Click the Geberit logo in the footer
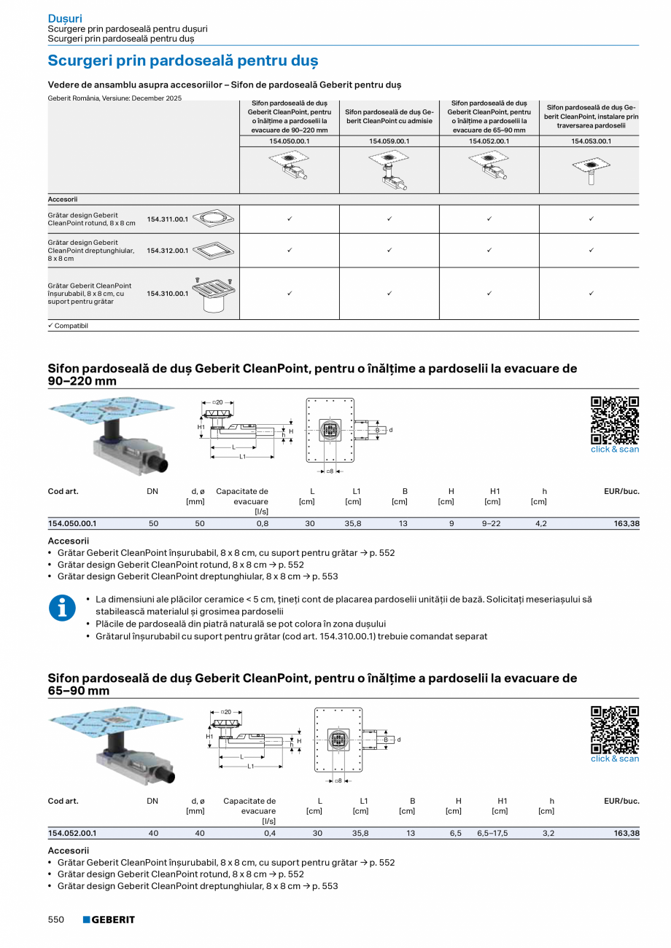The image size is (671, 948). (109, 920)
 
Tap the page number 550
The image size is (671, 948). (56, 920)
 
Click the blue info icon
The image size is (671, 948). (62, 608)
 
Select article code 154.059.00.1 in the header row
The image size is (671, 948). (389, 141)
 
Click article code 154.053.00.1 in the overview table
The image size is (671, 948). (591, 141)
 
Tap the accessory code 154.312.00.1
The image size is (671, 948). (168, 251)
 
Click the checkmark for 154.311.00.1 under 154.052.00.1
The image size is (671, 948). (489, 219)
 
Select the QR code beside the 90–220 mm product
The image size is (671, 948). (614, 420)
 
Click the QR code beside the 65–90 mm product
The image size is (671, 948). (614, 729)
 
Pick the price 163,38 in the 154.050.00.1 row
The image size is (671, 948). (626, 523)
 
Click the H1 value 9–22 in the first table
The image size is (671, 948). (492, 523)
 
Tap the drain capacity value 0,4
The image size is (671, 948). (269, 833)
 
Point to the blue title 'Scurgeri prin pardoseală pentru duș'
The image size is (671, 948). (182, 60)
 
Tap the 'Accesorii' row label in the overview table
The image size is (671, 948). (63, 199)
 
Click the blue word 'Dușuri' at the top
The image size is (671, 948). (65, 18)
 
